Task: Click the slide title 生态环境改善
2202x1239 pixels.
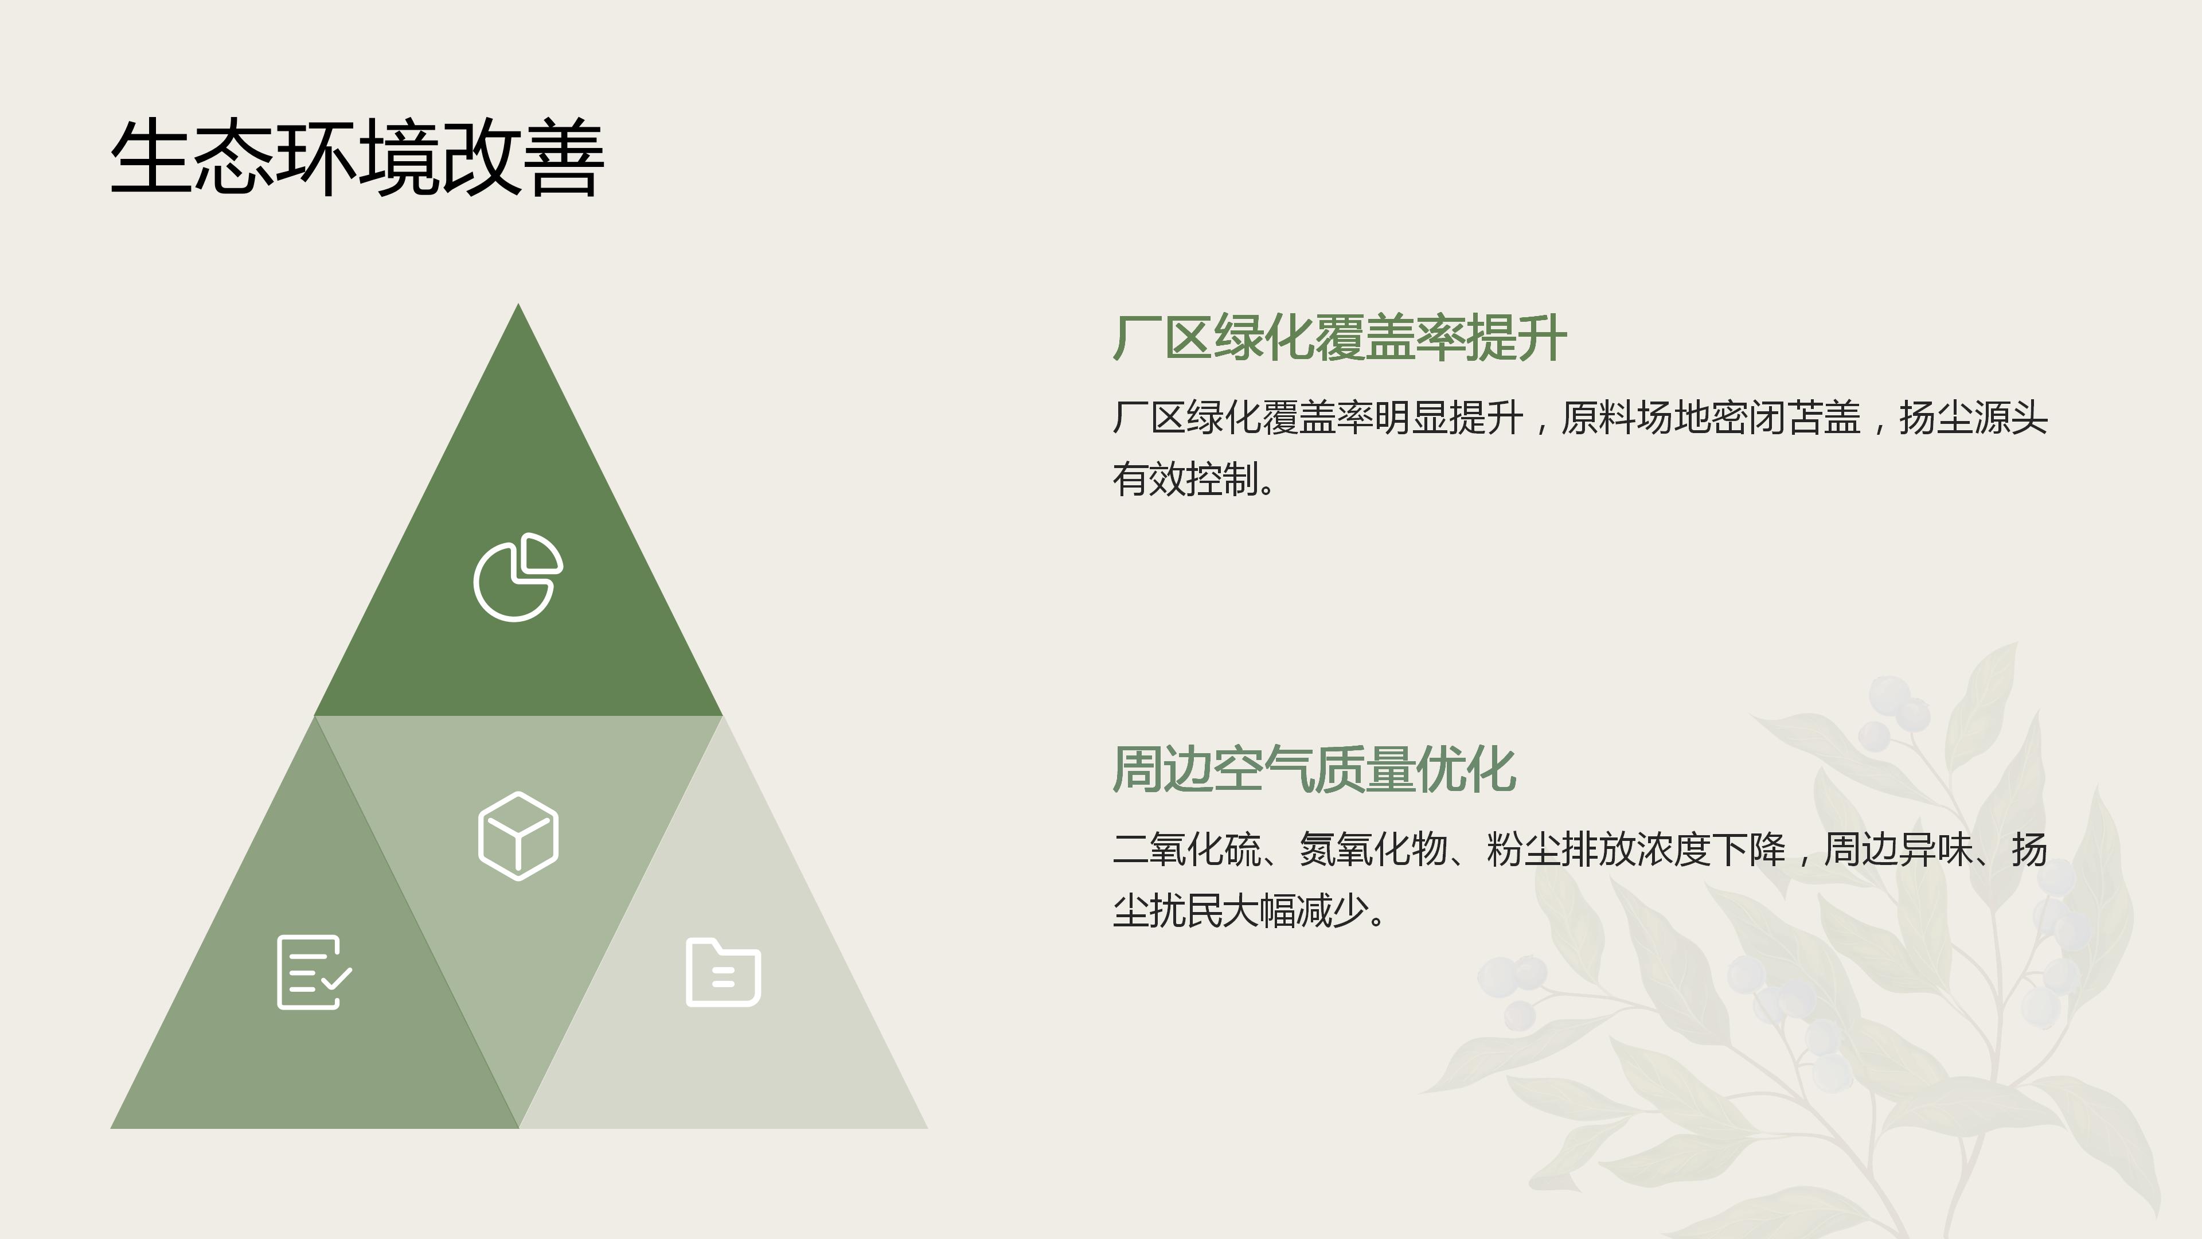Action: pos(357,159)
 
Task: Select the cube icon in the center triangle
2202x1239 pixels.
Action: pos(518,835)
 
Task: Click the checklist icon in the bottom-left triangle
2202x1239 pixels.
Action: pos(314,972)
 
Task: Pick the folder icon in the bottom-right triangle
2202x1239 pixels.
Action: pos(723,973)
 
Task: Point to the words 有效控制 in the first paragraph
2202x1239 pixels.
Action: pos(1186,480)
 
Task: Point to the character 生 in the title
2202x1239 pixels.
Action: pos(150,159)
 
